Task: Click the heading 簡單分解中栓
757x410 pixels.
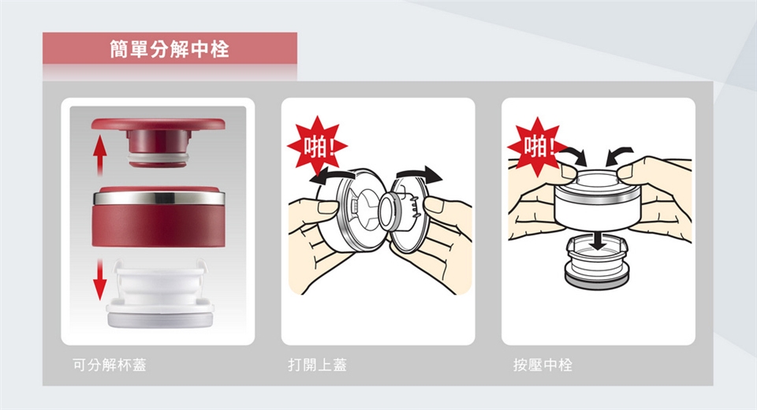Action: (x=170, y=49)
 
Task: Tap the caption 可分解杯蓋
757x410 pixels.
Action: (x=110, y=364)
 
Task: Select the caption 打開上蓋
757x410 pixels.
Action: (x=317, y=364)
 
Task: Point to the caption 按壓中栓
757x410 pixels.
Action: (x=543, y=364)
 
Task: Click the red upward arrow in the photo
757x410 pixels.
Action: (x=99, y=155)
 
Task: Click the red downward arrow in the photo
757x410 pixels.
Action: (x=99, y=279)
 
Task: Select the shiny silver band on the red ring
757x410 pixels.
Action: (x=158, y=198)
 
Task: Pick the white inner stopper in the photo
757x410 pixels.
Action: (x=160, y=293)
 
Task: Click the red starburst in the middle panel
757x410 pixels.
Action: (x=317, y=145)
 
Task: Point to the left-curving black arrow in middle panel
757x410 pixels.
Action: (x=332, y=175)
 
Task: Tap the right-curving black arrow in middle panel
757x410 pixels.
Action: (x=418, y=173)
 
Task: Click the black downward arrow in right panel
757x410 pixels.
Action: (x=599, y=240)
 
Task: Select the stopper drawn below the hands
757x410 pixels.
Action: (x=597, y=263)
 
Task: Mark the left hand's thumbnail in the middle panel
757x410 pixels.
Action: (x=328, y=208)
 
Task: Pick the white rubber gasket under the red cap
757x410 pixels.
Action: (x=158, y=159)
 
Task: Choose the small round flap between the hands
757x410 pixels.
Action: (x=389, y=211)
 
